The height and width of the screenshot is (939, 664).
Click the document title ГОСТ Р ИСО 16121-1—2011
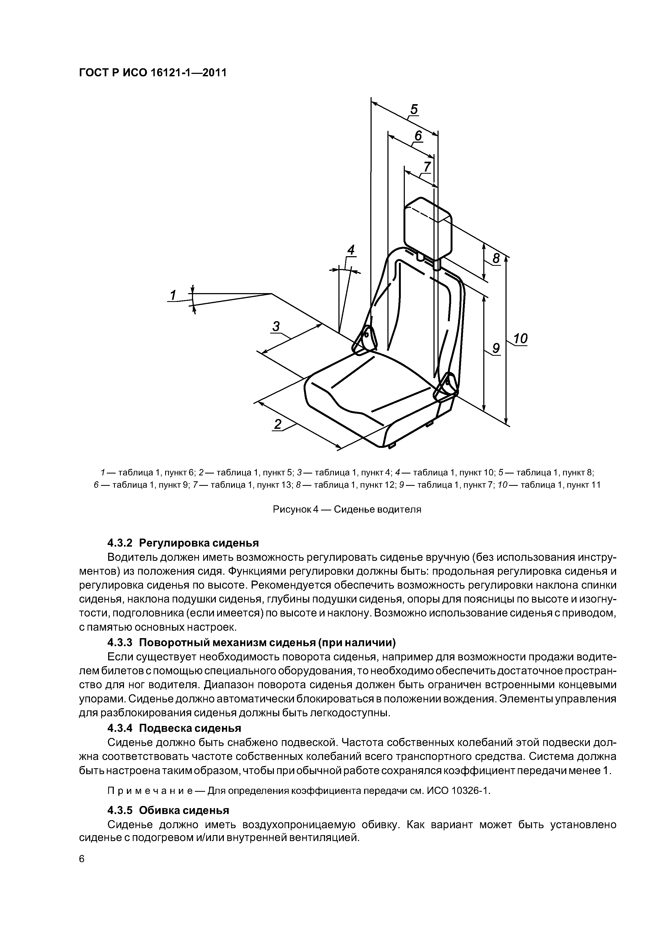(x=152, y=73)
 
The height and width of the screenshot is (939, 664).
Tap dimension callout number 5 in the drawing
(x=414, y=109)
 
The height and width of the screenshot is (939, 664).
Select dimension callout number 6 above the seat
(x=418, y=135)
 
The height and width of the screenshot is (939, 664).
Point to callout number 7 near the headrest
(x=427, y=167)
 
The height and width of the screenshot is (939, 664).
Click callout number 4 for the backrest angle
(x=351, y=250)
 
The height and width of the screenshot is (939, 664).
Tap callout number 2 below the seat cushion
(x=278, y=424)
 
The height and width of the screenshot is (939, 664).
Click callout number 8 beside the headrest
(x=496, y=259)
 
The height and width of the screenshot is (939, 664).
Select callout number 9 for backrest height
(x=496, y=348)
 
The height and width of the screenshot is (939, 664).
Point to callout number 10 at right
(x=520, y=339)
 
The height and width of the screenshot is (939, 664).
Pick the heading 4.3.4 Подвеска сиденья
(x=174, y=728)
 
